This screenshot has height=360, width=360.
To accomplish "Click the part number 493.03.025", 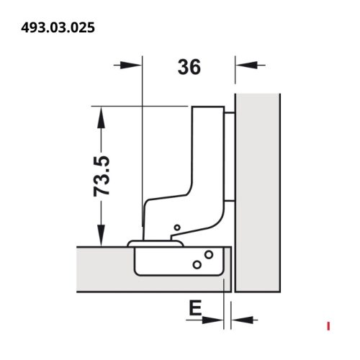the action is click(x=58, y=27).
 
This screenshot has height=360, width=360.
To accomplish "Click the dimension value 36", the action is click(x=189, y=67).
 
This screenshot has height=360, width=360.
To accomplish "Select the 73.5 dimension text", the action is click(x=102, y=176).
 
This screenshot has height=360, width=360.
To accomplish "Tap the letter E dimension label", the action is click(x=195, y=308).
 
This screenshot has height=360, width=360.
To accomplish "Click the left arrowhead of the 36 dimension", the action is click(x=130, y=65).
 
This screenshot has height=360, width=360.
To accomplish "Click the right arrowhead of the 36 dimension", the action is click(x=246, y=65).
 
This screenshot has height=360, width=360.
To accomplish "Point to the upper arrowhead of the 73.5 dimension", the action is click(x=101, y=117).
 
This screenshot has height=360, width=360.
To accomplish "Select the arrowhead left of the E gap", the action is click(x=212, y=320).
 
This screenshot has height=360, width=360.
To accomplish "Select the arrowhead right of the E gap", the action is click(x=243, y=320).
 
